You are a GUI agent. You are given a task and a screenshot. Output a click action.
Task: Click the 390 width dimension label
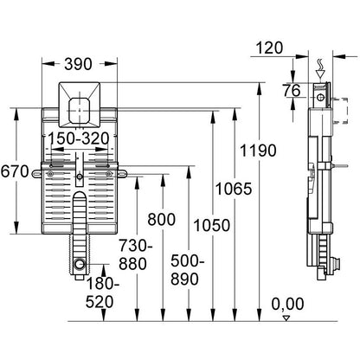pos(78,64)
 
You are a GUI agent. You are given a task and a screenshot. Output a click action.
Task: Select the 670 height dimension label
pos(15,171)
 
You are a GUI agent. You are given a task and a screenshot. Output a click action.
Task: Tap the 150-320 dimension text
pos(78,138)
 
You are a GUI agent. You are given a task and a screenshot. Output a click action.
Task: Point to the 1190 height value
pos(259,151)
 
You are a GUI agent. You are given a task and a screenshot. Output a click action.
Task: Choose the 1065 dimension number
pos(234,190)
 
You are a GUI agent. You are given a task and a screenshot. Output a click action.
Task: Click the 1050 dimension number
pos(212,225)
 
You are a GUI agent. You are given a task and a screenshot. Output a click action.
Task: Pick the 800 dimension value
pos(162,220)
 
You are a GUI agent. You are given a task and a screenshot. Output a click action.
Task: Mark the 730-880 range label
pos(136,255)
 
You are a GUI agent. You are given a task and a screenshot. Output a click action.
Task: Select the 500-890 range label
pos(187,270)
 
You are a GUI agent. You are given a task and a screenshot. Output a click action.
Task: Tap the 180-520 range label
pos(102,293)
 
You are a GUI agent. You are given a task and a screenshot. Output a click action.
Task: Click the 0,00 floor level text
pos(287,304)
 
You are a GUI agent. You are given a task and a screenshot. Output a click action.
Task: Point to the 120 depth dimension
pos(269,48)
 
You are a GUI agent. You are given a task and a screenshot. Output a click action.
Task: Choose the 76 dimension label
pos(292,91)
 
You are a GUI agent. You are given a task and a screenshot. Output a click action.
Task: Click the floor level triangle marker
pos(286,318)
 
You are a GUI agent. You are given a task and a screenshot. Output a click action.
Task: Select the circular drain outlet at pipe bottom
pos(79,264)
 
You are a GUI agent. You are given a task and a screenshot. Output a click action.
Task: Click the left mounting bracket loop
pos(36,173)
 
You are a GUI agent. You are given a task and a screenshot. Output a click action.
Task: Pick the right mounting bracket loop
pos(122,173)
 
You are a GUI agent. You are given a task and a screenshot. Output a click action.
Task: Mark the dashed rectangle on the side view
pos(340,111)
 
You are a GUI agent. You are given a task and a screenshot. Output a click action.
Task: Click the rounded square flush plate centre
pos(80,111)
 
